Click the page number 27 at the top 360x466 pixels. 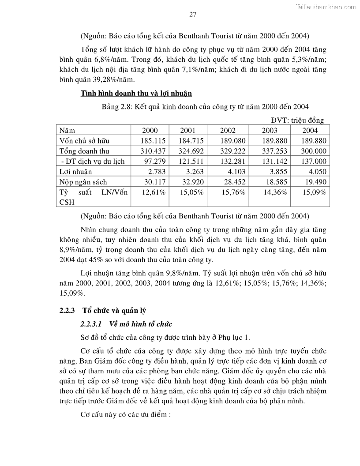coord(193,14)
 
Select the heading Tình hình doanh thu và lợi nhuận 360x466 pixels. coord(136,94)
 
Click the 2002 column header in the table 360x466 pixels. coord(228,131)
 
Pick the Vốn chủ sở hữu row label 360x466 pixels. coord(84,141)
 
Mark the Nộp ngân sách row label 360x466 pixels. coord(83,182)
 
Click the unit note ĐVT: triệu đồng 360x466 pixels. coord(297,120)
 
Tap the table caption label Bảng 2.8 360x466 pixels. coord(117,107)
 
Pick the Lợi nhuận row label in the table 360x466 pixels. coord(75,172)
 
